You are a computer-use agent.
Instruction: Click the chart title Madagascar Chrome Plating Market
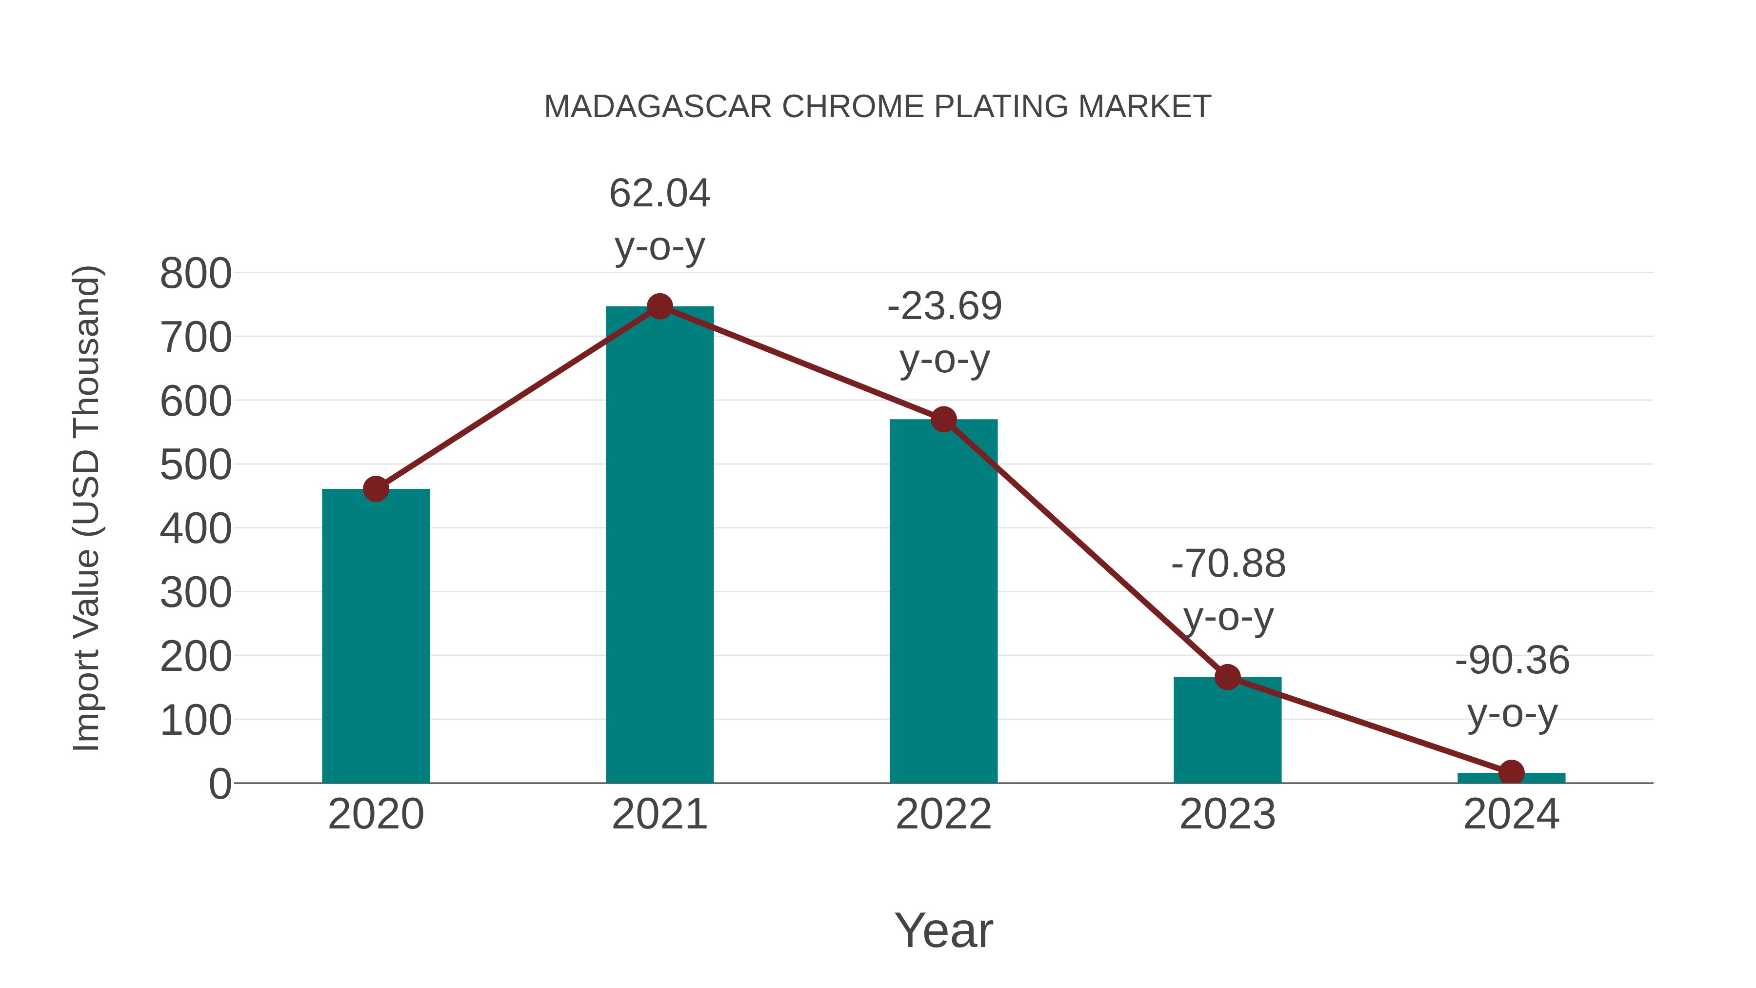click(878, 107)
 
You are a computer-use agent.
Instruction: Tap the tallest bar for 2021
click(659, 545)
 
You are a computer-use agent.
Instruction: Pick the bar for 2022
click(943, 600)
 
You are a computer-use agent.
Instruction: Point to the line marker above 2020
click(376, 489)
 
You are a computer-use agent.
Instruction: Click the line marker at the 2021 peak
click(659, 307)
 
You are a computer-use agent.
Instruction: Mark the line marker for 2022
click(943, 419)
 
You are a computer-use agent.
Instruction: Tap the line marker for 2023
click(1227, 677)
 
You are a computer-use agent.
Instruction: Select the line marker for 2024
click(1511, 772)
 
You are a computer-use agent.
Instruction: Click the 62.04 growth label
click(659, 194)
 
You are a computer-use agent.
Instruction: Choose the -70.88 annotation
click(1228, 565)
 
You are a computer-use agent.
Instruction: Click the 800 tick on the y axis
click(196, 274)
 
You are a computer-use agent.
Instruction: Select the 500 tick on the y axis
click(196, 466)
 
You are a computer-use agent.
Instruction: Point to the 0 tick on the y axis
click(219, 784)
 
